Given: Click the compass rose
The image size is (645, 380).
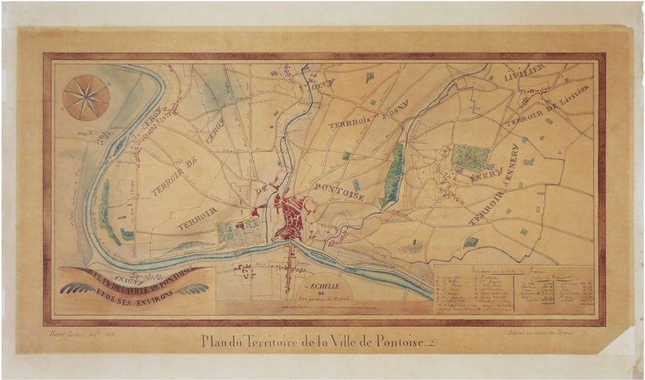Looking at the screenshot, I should [x=86, y=97].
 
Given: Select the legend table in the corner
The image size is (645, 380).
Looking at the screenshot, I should [x=514, y=290].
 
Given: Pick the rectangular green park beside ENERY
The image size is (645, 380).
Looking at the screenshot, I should [x=469, y=156].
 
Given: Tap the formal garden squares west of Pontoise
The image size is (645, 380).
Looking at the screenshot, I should [x=231, y=232].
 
